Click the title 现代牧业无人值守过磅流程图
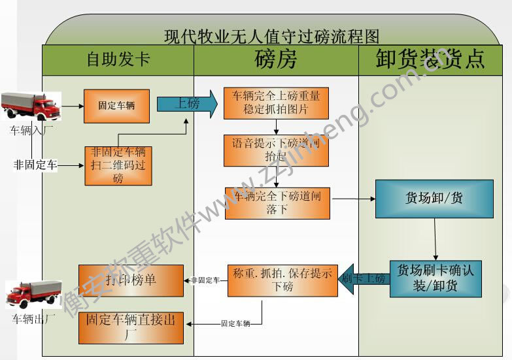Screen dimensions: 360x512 271,35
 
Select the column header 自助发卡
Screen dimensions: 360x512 118,59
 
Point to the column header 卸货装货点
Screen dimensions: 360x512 430,59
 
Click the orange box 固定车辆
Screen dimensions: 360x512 116,105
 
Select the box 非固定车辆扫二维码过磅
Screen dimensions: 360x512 118,165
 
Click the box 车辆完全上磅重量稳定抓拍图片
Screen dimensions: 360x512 276,103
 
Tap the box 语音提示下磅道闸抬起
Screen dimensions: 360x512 276,150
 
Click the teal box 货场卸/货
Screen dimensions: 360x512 434,199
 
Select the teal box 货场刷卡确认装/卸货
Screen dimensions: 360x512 435,279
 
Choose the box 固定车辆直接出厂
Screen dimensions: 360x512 131,327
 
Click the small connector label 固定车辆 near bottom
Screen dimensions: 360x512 235,323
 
